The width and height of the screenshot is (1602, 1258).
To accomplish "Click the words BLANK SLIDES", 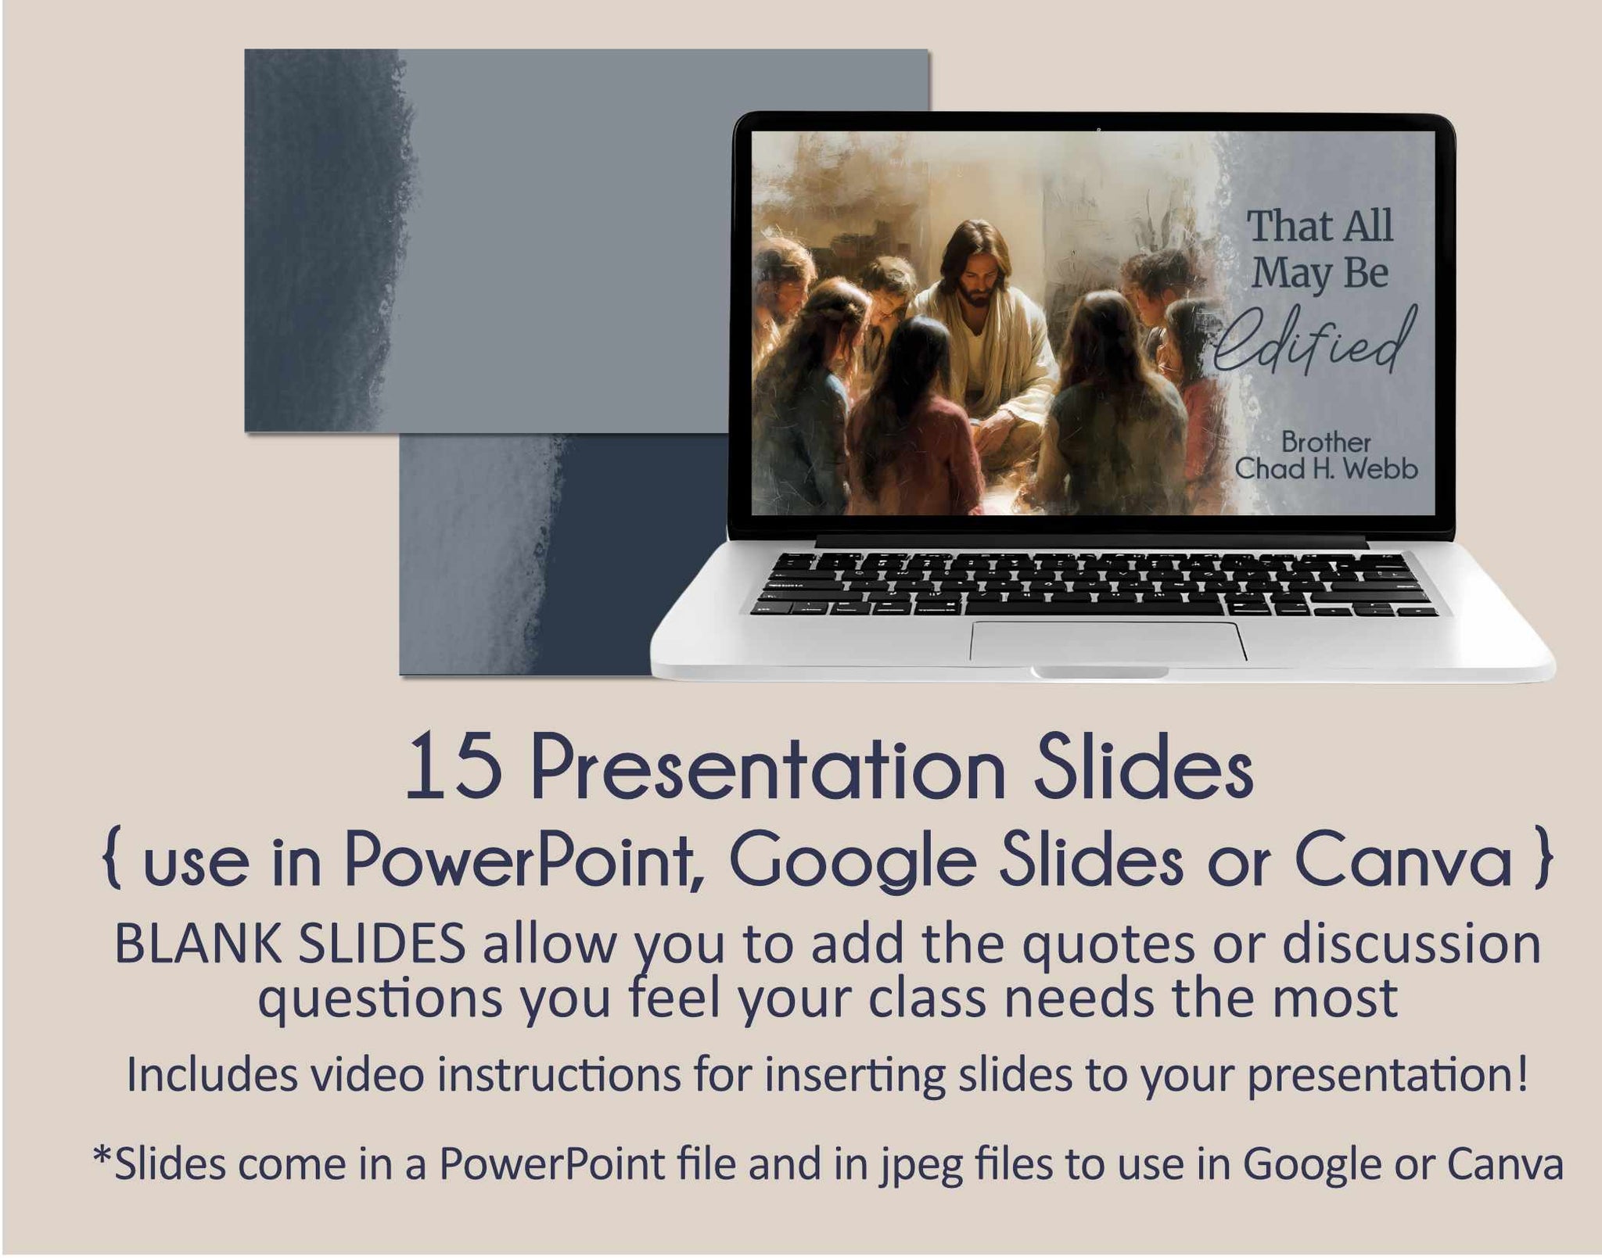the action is pos(290,944).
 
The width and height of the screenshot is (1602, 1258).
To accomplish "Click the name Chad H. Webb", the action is pos(1326,468).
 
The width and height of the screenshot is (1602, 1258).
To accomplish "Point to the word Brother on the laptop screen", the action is pos(1326,442).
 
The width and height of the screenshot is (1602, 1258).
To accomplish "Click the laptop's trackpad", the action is pos(1108,641).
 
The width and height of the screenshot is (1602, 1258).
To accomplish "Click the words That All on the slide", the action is pos(1320,226).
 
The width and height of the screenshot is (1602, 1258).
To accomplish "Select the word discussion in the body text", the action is pos(1411,944).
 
